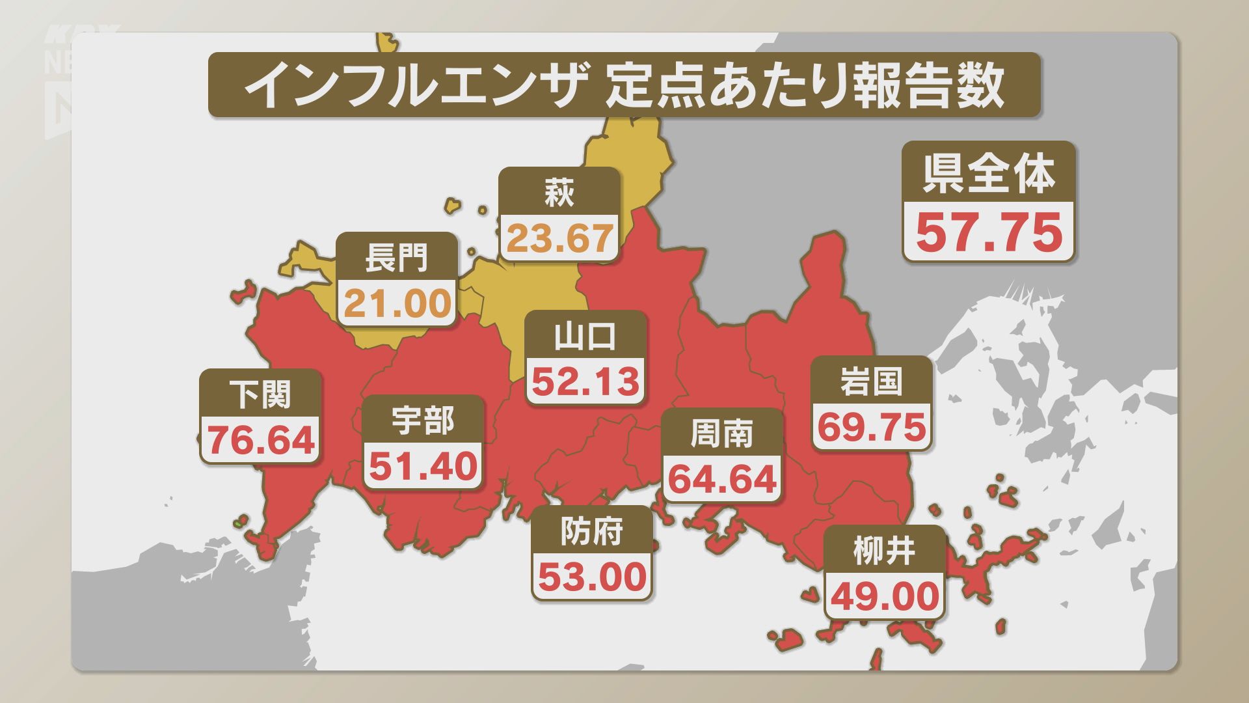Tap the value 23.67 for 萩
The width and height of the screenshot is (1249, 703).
tap(559, 238)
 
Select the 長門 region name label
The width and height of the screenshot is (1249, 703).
tap(397, 257)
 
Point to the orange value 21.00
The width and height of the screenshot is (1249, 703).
tap(397, 303)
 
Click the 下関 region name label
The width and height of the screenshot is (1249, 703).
tap(260, 394)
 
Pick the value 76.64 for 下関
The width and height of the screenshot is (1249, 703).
tap(261, 440)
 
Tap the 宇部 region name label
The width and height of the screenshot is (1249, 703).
tap(423, 420)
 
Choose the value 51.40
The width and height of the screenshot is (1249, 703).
tap(423, 466)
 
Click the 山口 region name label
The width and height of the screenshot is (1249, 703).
tap(585, 336)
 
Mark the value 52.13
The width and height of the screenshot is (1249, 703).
tap(586, 381)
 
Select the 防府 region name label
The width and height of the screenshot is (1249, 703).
tap(592, 531)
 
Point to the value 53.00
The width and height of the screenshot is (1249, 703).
tap(593, 577)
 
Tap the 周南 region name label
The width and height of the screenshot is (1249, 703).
tap(722, 434)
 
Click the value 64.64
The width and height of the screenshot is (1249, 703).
tap(723, 479)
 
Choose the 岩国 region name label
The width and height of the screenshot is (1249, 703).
tap(872, 381)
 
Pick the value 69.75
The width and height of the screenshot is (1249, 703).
tap(872, 427)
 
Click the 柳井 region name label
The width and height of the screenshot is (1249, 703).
tap(885, 551)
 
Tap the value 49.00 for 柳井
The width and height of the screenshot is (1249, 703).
tap(885, 596)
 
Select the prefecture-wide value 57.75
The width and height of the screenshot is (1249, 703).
tap(989, 232)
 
